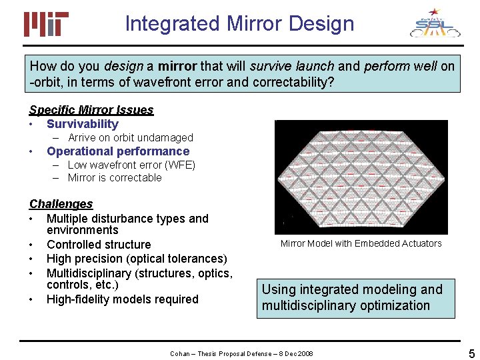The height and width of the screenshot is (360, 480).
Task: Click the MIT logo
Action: (x=46, y=24)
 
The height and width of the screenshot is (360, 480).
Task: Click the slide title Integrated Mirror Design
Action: (x=239, y=24)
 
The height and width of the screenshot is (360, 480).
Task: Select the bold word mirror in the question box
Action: (x=177, y=66)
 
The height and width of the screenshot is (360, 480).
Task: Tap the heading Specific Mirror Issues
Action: (x=91, y=110)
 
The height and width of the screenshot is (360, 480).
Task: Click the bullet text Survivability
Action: (x=83, y=124)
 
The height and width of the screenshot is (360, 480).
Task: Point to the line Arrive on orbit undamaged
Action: (x=130, y=137)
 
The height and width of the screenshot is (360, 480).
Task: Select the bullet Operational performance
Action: (x=118, y=151)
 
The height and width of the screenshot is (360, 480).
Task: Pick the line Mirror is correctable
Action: (x=115, y=178)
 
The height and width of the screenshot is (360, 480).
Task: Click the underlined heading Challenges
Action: (x=61, y=204)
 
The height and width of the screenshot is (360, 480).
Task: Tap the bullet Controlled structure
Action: (x=99, y=245)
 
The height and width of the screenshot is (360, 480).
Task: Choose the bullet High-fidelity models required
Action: (x=123, y=299)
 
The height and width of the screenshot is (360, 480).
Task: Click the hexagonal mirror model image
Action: (x=361, y=177)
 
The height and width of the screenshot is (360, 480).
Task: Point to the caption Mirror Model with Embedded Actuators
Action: (x=361, y=243)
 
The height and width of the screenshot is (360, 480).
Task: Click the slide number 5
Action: (x=471, y=353)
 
